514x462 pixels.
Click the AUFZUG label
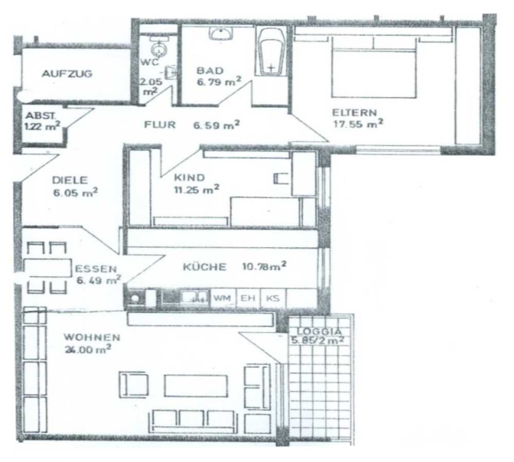coord(67,73)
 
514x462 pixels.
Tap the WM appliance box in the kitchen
coord(223,298)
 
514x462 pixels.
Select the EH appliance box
coord(248,298)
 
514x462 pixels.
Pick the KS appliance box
coord(273,298)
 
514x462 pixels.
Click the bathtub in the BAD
coord(271,52)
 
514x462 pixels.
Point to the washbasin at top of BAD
coord(221,34)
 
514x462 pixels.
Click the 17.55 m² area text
coord(358,124)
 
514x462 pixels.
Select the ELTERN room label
coord(354,113)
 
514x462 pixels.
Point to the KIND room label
coord(189,178)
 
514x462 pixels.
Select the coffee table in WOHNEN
coord(196,386)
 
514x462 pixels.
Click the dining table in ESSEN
coord(48,268)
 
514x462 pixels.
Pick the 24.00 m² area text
coord(87,349)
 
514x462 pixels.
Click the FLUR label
coord(160,125)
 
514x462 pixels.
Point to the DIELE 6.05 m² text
coord(75,186)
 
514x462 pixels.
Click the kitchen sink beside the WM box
coord(195,297)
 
